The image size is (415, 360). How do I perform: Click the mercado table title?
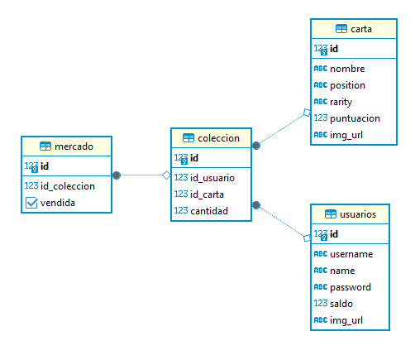pos(73,146)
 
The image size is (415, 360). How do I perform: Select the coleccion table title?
pos(218,138)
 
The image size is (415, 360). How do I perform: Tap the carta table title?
pos(360,29)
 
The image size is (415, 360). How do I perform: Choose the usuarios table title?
pos(358,214)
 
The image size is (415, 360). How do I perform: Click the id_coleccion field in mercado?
pos(67,186)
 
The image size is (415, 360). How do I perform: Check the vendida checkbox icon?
pos(31,203)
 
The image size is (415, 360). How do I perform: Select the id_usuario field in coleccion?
pos(212,177)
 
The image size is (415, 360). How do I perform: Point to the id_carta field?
pos(208,194)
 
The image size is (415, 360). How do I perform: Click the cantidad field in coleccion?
pos(208,210)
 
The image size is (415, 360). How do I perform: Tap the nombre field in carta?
pos(347,69)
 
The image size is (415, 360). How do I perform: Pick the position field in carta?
pos(347,85)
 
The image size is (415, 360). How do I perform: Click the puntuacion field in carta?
pos(354,118)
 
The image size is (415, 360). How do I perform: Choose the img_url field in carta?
pos(346,134)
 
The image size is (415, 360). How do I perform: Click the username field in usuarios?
pos(351,254)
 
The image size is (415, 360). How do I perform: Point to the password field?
pos(351,287)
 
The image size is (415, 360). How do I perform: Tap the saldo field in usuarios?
pos(341,304)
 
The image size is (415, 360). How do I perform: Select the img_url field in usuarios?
pos(346,320)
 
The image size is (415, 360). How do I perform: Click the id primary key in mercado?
pos(45,166)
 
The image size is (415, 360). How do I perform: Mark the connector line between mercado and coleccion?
pos(141,175)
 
